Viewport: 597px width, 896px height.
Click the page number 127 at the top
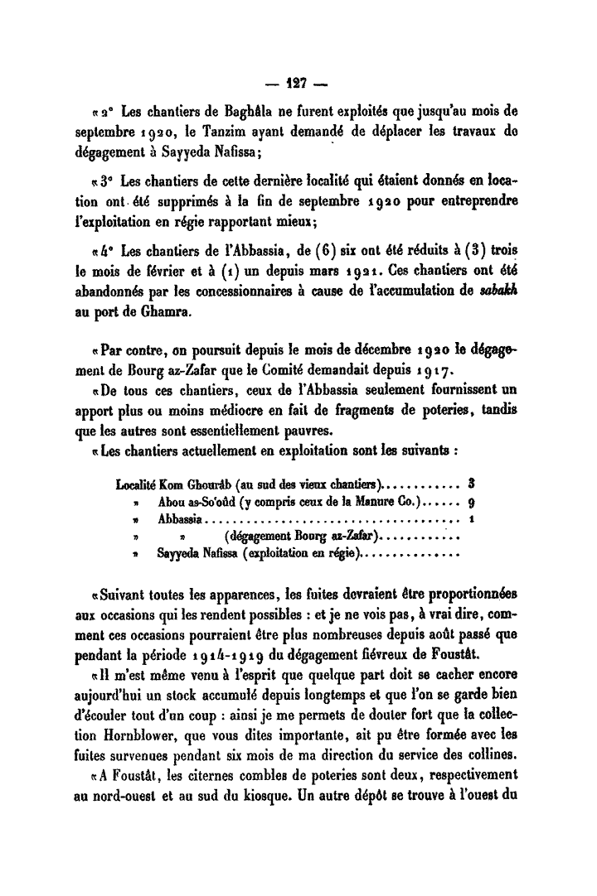click(298, 84)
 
